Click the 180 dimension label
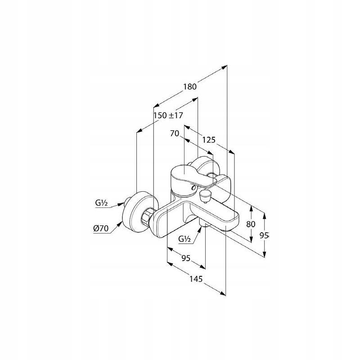point(190,87)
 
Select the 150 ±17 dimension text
point(168,115)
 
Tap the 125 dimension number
point(208,140)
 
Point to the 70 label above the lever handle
point(175,133)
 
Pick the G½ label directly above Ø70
point(101,203)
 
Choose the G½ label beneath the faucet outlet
point(184,239)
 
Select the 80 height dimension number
point(251,224)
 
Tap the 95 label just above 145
point(186,258)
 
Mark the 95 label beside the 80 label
point(264,235)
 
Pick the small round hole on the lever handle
point(194,186)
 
